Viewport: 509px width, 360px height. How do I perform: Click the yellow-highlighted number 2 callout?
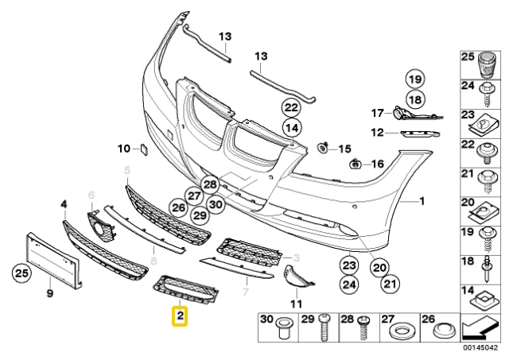(x=181, y=315)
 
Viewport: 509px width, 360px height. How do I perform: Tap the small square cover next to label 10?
(x=144, y=149)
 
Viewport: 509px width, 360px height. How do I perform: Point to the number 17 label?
(x=378, y=113)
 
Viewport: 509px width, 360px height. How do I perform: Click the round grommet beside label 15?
(x=322, y=149)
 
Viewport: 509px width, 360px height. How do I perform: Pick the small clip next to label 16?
(x=356, y=164)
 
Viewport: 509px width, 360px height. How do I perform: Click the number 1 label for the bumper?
(x=422, y=201)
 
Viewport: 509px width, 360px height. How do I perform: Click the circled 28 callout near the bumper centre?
(x=210, y=185)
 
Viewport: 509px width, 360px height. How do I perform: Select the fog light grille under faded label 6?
(x=101, y=226)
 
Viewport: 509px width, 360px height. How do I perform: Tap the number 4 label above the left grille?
(x=64, y=205)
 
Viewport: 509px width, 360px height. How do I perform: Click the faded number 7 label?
(x=246, y=292)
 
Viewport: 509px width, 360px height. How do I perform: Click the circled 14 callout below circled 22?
(x=292, y=128)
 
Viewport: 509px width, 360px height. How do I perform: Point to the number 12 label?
(x=377, y=133)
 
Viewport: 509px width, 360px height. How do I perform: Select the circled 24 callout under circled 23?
(x=349, y=285)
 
